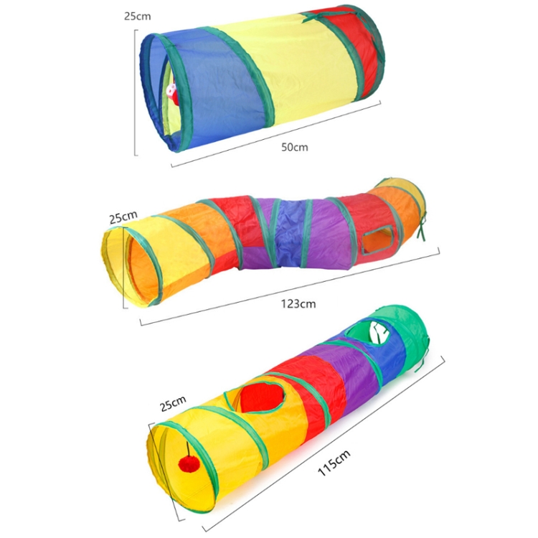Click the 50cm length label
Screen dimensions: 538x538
pos(295,147)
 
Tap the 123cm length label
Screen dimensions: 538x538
pos(298,304)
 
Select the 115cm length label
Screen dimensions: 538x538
pos(334,463)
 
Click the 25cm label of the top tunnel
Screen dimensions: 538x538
pos(137,16)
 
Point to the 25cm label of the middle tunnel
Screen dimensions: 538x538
pos(123,217)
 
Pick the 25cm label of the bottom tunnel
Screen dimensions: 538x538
pos(173,403)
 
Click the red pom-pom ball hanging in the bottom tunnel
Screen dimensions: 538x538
pos(189,464)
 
